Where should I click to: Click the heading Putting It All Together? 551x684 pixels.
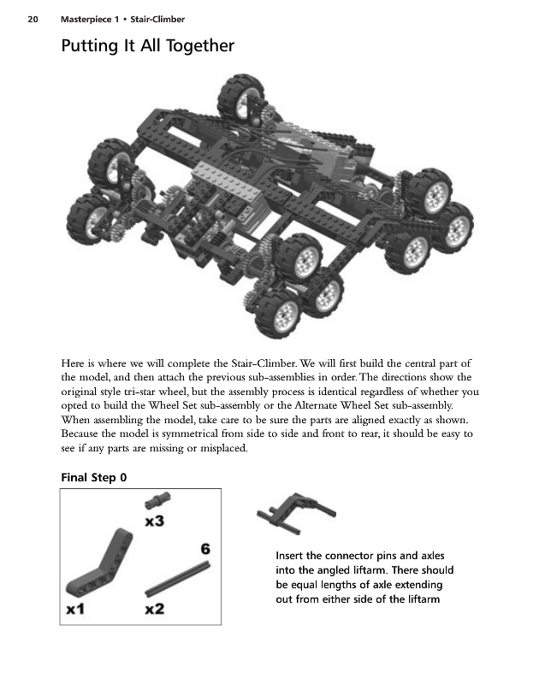coord(147,45)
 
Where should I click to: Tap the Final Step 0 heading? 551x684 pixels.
coord(94,477)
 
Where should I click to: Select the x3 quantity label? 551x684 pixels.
coord(155,522)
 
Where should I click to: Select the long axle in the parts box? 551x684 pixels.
coord(178,578)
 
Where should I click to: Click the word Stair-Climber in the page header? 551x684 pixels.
coord(158,19)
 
